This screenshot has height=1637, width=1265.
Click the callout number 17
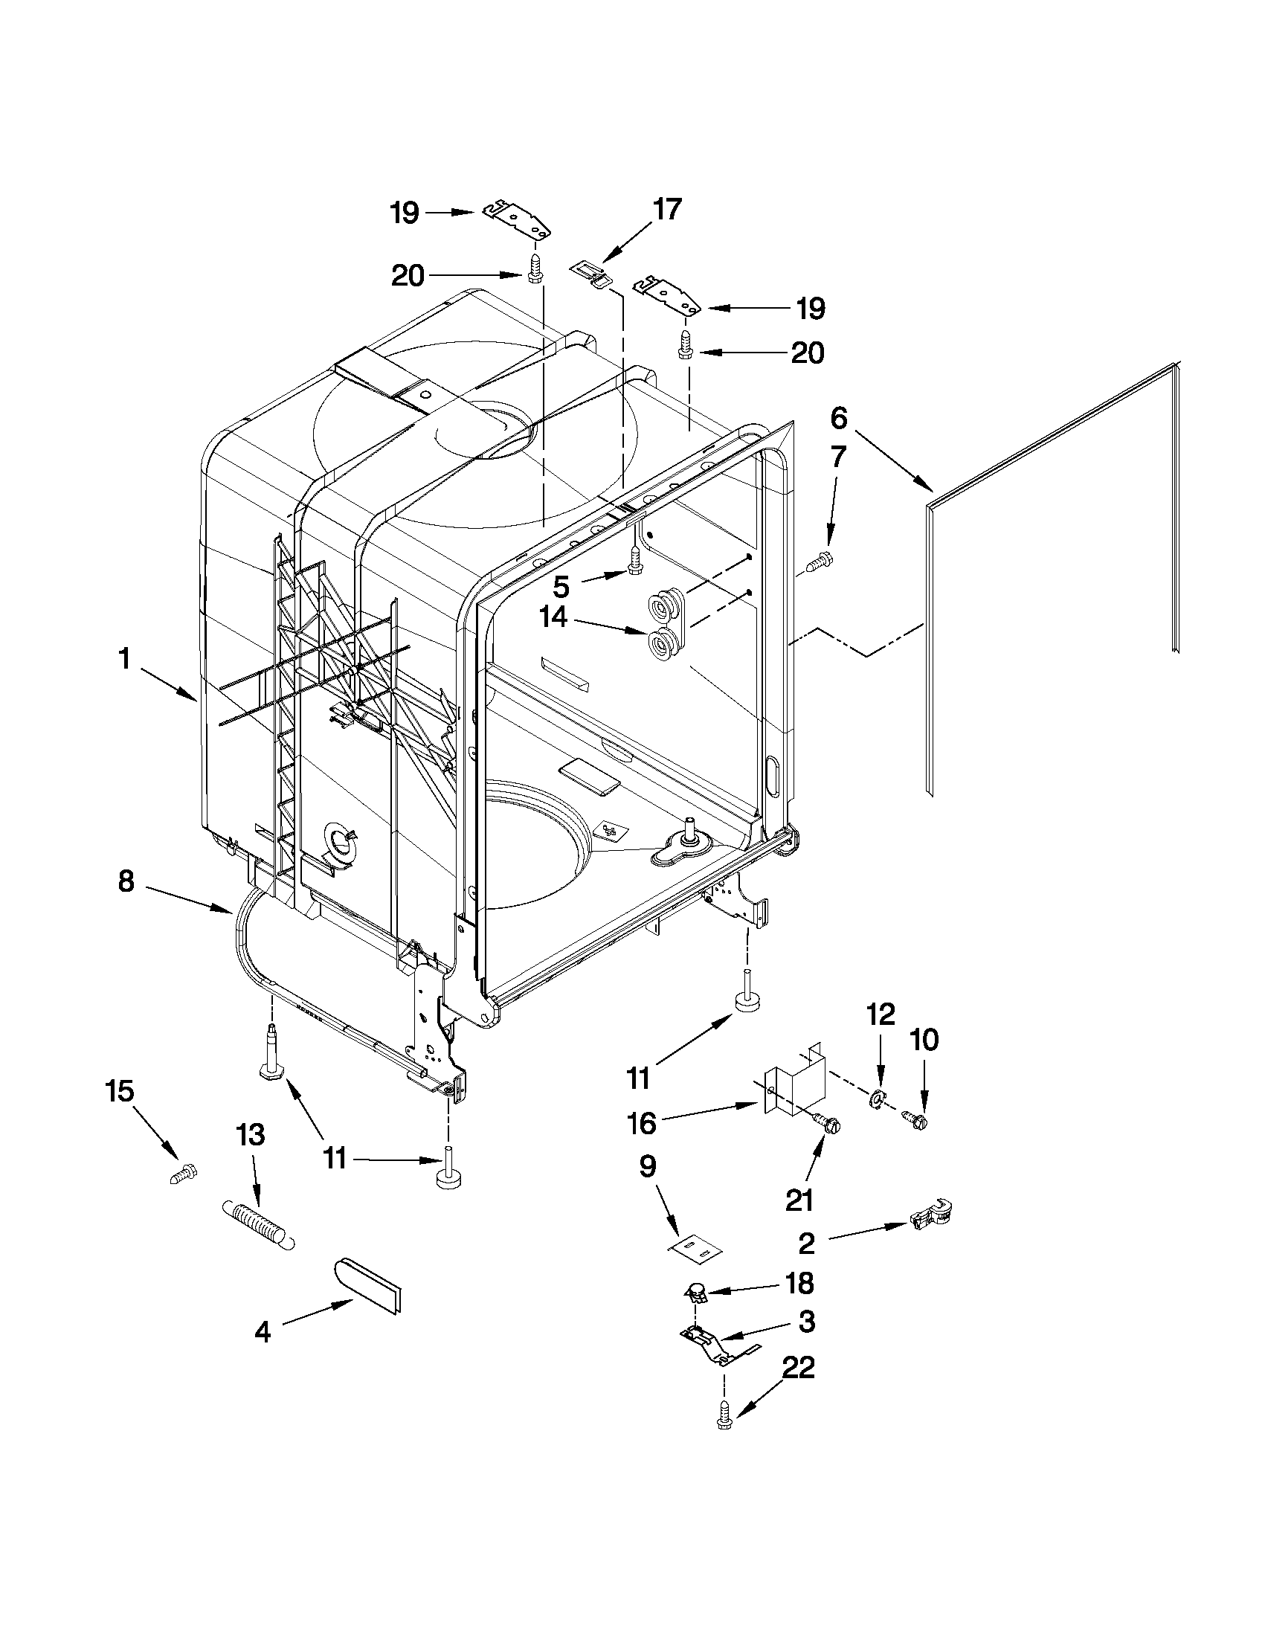coord(666,209)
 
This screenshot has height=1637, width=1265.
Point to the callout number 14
coord(554,617)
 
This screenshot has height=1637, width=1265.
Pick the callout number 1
coord(124,660)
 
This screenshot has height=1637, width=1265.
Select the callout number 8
coord(126,881)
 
